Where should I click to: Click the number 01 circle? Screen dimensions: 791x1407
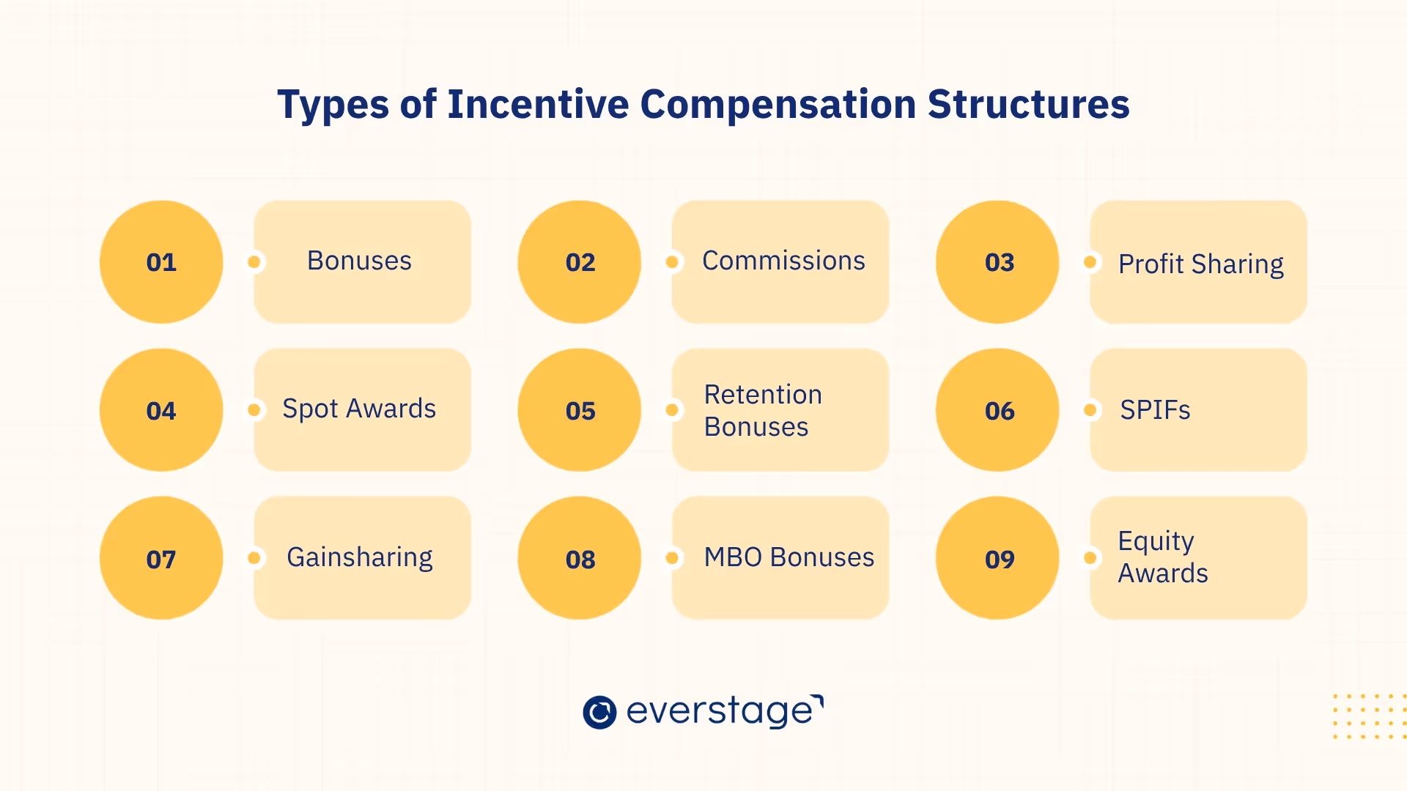tap(161, 262)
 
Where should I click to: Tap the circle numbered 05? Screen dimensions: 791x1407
tap(580, 410)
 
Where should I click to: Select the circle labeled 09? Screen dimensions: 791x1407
tap(998, 558)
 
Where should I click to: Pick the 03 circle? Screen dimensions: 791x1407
tap(998, 262)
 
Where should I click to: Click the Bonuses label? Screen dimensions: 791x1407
tap(359, 261)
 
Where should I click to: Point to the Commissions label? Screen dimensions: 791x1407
tap(783, 261)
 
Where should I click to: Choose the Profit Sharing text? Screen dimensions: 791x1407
tap(1200, 264)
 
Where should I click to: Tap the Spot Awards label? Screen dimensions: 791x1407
tap(359, 409)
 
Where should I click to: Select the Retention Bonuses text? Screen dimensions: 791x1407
tap(763, 410)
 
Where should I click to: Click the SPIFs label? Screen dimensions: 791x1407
tap(1155, 410)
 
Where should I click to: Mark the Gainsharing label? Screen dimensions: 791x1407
tap(360, 557)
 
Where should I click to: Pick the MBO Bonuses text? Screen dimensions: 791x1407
tap(789, 557)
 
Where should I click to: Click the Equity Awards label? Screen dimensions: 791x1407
tap(1163, 557)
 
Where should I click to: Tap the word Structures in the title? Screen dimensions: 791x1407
tap(1028, 104)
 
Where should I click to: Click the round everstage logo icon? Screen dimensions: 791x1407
tap(599, 712)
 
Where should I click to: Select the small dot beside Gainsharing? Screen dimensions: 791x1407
tap(254, 558)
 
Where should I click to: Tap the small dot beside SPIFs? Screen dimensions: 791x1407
tap(1090, 410)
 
